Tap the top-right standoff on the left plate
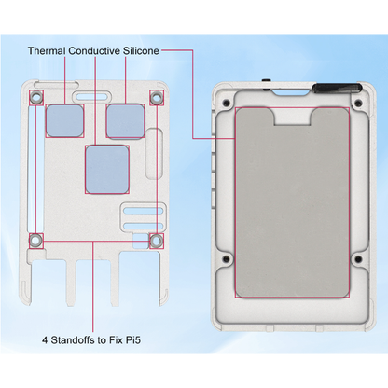point(156,97)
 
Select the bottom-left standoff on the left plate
point(35,241)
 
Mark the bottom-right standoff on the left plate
point(156,241)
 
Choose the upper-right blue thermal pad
point(124,118)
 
